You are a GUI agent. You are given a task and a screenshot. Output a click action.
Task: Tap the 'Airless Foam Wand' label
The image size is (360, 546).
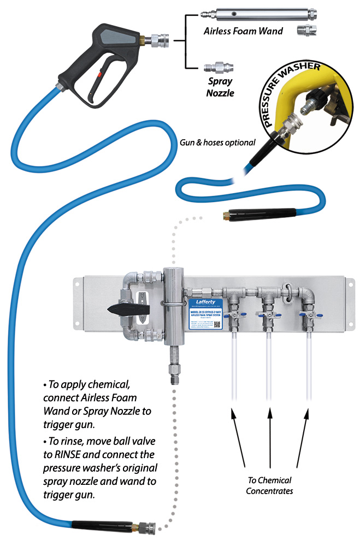243,31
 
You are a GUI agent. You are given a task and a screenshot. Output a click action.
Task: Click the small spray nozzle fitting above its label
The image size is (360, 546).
217,70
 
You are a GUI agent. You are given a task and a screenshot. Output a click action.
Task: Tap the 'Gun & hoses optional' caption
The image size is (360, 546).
217,143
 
